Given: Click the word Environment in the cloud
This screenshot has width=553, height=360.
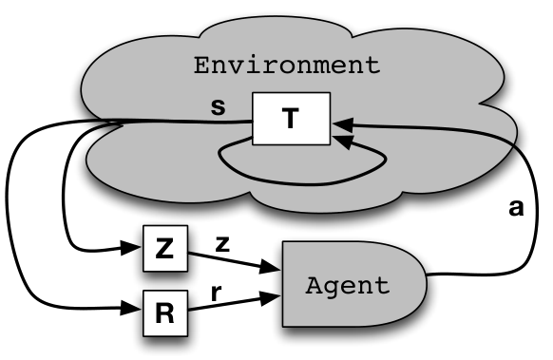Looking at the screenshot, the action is tap(287, 66).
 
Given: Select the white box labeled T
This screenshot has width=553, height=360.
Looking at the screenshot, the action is tap(292, 119).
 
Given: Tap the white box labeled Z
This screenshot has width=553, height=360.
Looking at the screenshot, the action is tap(165, 248).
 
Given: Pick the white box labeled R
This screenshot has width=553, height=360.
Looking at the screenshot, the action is tap(165, 313).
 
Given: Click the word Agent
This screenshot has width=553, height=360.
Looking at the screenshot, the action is tap(348, 286).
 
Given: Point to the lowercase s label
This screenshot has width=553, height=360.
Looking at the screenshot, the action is tap(218, 107).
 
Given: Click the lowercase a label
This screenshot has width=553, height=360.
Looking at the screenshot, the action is tap(516, 208).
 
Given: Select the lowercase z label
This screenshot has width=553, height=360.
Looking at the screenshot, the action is tap(222, 244).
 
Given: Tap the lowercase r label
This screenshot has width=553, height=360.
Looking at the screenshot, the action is tap(216, 293).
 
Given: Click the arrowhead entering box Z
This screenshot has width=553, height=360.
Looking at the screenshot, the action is tap(131, 248).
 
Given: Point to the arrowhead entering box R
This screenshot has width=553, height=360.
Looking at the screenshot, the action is tap(131, 308).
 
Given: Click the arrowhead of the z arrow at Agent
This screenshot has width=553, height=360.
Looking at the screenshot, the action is tap(271, 267).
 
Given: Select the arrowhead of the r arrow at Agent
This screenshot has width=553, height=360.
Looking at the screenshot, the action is tap(271, 297).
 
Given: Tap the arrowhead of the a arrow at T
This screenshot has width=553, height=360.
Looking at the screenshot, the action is tap(343, 124).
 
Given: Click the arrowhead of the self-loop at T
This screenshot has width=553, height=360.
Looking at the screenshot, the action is tap(343, 141).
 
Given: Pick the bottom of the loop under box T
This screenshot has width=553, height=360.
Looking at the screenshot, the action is tap(303, 184).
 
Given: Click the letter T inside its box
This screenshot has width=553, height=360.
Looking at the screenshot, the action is tap(291, 119).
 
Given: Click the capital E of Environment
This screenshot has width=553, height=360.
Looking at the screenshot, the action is tap(201, 66).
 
